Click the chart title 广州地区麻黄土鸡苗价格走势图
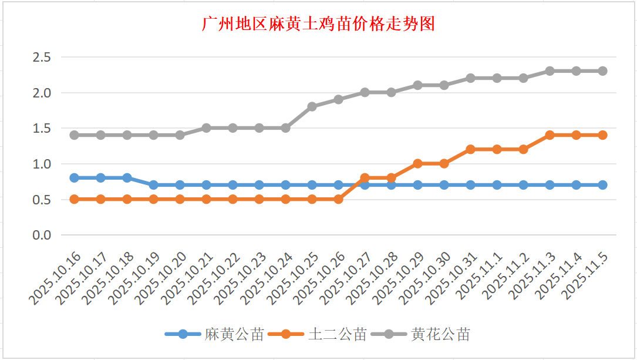point(318,25)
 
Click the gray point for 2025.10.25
point(312,106)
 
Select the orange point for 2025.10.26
point(338,199)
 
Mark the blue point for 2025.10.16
point(74,177)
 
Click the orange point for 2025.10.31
point(470,149)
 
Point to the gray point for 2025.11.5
point(602,71)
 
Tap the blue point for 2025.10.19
point(153,185)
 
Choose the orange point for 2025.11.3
point(550,135)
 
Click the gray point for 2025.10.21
point(206,128)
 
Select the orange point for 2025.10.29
point(417,163)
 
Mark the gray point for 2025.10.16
point(74,135)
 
